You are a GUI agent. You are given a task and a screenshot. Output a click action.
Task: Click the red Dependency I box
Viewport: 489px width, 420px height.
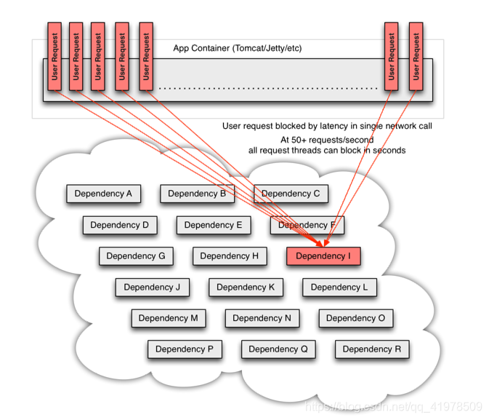click(323, 256)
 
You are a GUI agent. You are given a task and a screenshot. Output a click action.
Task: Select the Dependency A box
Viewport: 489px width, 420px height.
click(103, 194)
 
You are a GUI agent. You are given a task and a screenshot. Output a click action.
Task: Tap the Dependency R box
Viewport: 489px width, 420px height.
click(372, 349)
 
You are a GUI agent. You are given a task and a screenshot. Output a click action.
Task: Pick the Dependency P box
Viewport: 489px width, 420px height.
click(185, 349)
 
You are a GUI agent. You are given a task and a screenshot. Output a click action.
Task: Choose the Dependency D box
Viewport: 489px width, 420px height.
click(120, 225)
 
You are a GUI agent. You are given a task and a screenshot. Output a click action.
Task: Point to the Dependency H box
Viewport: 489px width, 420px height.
click(230, 256)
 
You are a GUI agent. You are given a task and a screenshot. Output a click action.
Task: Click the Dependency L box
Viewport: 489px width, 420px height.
click(339, 288)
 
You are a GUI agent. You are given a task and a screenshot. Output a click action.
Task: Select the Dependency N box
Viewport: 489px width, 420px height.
click(262, 318)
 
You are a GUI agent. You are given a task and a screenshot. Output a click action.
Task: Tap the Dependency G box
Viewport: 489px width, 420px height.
click(136, 256)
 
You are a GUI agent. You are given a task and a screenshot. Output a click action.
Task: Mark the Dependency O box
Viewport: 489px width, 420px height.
click(356, 318)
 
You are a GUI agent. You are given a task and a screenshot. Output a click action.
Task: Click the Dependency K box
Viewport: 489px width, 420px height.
click(246, 288)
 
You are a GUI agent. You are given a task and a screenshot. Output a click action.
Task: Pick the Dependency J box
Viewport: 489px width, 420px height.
click(152, 288)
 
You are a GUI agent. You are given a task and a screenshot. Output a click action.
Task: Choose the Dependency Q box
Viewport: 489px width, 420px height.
click(278, 349)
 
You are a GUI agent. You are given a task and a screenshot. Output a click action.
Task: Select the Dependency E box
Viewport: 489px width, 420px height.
click(214, 225)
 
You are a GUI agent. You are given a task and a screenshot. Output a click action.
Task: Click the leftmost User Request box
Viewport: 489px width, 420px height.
click(54, 57)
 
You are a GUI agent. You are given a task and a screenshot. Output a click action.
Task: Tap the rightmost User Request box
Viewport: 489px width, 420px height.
click(415, 57)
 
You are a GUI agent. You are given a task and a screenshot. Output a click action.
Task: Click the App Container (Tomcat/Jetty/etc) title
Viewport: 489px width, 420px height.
click(237, 49)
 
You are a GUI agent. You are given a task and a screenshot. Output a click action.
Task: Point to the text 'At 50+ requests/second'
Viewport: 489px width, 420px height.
click(327, 139)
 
